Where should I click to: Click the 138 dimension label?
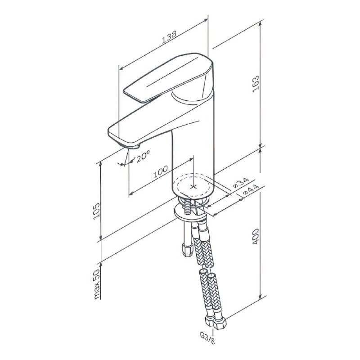click(x=169, y=37)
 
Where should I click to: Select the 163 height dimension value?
click(x=256, y=84)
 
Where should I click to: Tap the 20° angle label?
click(x=143, y=156)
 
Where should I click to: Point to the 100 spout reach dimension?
click(x=161, y=172)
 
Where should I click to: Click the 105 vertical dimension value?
click(x=97, y=211)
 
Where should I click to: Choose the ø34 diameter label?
click(x=241, y=183)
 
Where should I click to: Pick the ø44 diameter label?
click(x=251, y=189)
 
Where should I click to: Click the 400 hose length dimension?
click(x=256, y=237)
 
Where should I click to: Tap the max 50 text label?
click(x=97, y=284)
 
